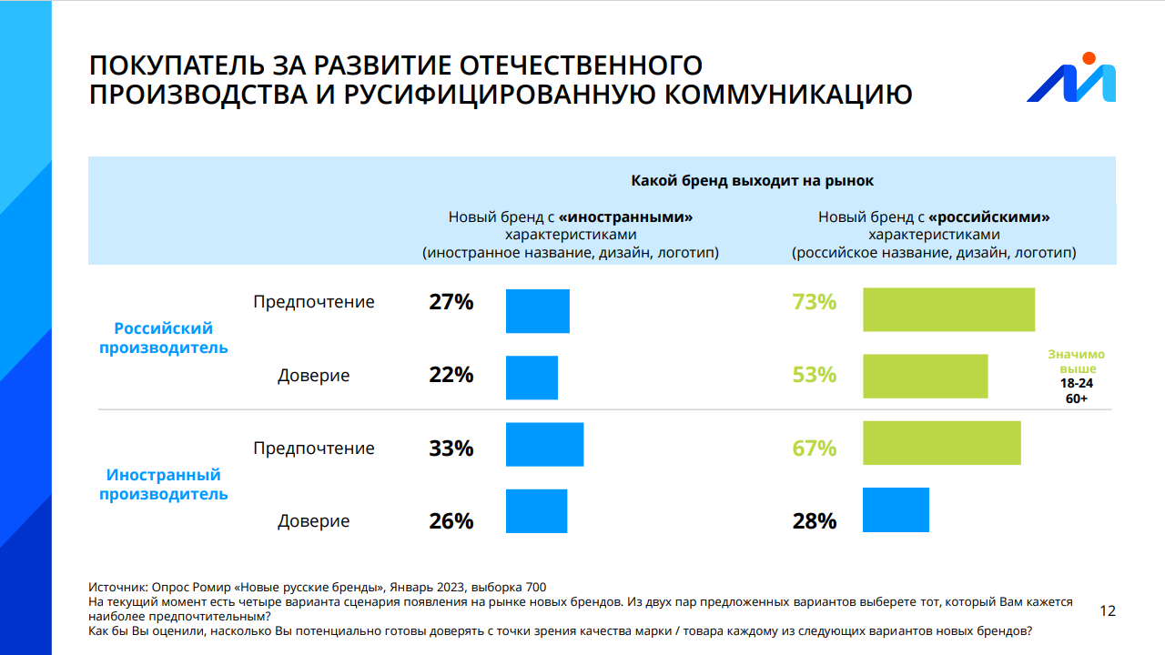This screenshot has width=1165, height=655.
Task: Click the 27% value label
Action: pos(451,302)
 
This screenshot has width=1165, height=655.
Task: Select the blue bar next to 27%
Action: pos(537,311)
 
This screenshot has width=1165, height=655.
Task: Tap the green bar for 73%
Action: pos(948,309)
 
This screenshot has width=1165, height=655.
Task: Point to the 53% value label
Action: pos(814,375)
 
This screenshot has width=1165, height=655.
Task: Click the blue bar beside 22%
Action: pos(532,378)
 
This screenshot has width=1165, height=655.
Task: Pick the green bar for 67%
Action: pos(941,443)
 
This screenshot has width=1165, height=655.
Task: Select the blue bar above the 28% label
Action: pos(896,509)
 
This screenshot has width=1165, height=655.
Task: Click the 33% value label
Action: pos(451,448)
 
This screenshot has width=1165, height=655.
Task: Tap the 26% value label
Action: pos(451,521)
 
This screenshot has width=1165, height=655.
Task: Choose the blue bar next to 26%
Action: pos(536,511)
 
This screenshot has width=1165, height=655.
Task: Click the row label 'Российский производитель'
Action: pos(164,338)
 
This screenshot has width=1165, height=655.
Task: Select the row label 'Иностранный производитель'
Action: pos(164,485)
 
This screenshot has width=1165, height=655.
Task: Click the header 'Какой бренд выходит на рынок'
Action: pos(752,180)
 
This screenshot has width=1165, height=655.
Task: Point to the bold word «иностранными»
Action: pos(626,217)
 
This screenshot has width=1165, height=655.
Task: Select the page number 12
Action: pos(1108,610)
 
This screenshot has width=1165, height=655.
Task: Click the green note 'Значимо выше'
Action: pos(1077,361)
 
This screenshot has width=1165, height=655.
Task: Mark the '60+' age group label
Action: pos(1077,398)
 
